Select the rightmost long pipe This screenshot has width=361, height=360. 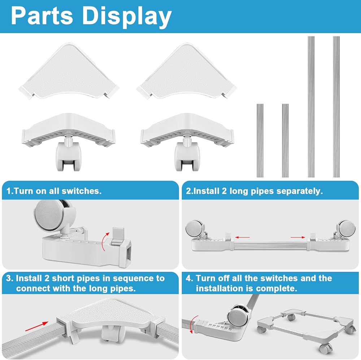click(336, 107)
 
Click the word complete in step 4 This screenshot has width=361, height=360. click(277, 288)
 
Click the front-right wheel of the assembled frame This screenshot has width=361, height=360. click(323, 347)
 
